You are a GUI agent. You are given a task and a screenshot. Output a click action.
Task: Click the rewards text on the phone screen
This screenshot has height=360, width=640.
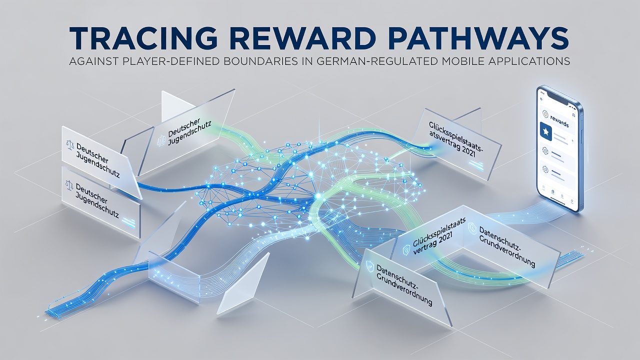559,121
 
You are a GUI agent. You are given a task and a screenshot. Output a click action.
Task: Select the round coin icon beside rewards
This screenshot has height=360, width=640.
545,114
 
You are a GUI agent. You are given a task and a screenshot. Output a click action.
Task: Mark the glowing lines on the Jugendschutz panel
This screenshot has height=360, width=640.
129,222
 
